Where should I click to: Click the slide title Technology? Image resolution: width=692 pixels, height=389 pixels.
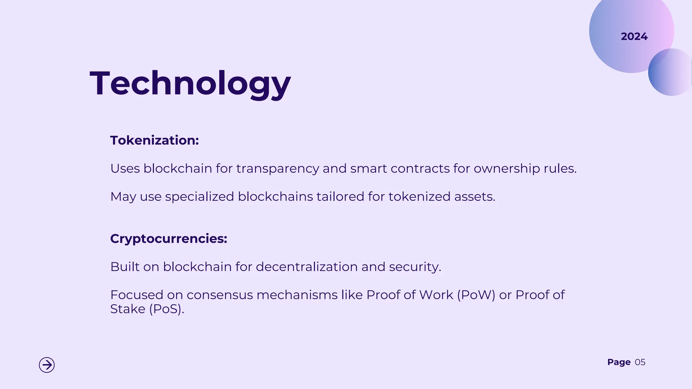click(190, 83)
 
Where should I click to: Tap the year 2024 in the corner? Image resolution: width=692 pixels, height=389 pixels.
click(634, 36)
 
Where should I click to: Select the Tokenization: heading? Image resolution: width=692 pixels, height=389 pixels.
click(154, 140)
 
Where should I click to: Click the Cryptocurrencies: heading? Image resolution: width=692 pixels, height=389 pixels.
click(169, 239)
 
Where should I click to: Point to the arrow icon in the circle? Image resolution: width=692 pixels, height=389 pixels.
click(47, 365)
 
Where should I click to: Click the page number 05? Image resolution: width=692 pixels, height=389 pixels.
click(640, 362)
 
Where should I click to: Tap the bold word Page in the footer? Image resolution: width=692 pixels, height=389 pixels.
click(619, 362)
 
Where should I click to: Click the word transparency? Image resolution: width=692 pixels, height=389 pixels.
click(277, 168)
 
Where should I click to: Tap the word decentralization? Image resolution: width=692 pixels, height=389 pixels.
click(307, 267)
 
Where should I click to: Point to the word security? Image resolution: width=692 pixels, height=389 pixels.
click(415, 267)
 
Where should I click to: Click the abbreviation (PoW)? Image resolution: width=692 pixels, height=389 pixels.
click(476, 295)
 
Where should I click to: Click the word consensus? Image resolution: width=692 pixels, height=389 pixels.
click(220, 295)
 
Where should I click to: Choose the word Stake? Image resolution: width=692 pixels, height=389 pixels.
click(128, 309)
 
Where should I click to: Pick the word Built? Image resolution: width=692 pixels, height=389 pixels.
click(125, 267)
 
